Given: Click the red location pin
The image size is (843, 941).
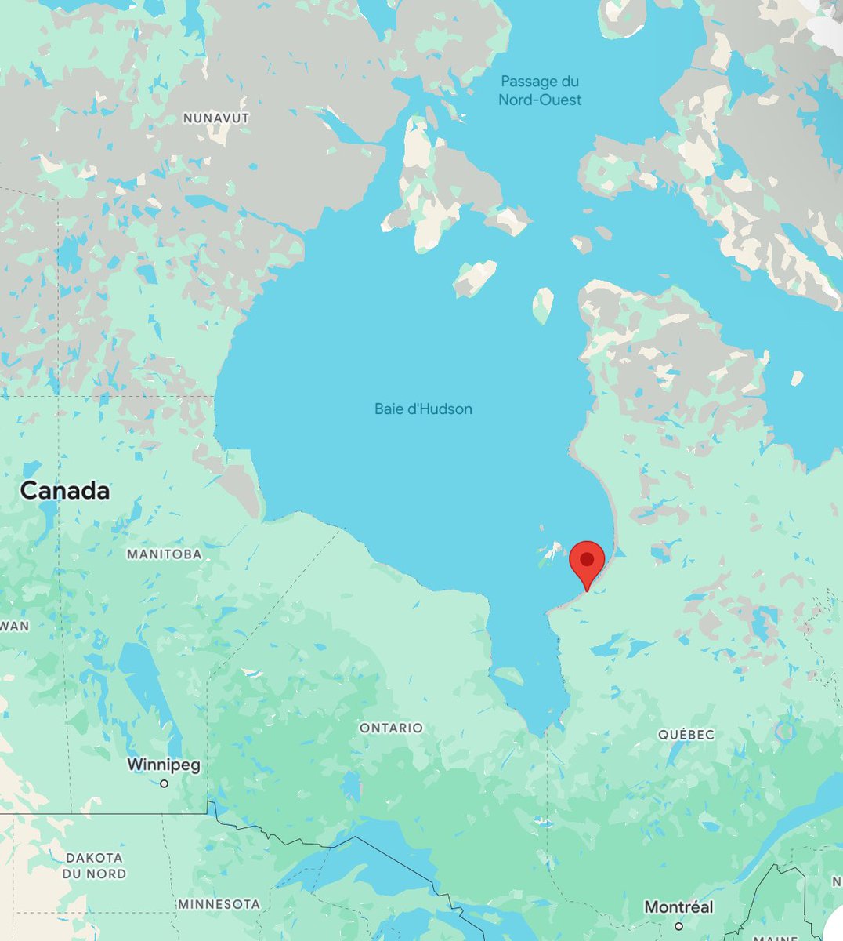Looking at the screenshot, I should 586,563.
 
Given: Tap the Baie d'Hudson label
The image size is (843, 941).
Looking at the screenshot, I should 423,409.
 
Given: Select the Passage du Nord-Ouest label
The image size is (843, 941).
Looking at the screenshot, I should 541,91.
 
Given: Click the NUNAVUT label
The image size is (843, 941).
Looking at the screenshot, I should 216,118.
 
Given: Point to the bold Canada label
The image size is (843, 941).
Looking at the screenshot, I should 65,491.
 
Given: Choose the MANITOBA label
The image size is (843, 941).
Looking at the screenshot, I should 165,554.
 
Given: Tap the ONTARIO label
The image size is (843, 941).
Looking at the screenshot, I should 391,728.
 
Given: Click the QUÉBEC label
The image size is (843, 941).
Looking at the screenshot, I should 686,735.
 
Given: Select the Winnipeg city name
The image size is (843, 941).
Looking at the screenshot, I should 164,764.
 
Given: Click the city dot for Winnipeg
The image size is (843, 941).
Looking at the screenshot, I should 164,783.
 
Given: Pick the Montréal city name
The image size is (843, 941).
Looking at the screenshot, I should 678,906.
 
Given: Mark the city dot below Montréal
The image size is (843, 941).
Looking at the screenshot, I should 678,926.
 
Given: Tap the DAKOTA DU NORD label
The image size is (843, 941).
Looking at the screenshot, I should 94,866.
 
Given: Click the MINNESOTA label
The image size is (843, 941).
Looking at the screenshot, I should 219,904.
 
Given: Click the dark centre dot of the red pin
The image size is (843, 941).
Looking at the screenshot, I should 586,558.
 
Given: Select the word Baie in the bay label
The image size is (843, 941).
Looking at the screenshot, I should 389,409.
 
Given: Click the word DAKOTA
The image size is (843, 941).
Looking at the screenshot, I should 94,858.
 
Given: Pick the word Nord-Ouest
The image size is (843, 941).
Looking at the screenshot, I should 541,100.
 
